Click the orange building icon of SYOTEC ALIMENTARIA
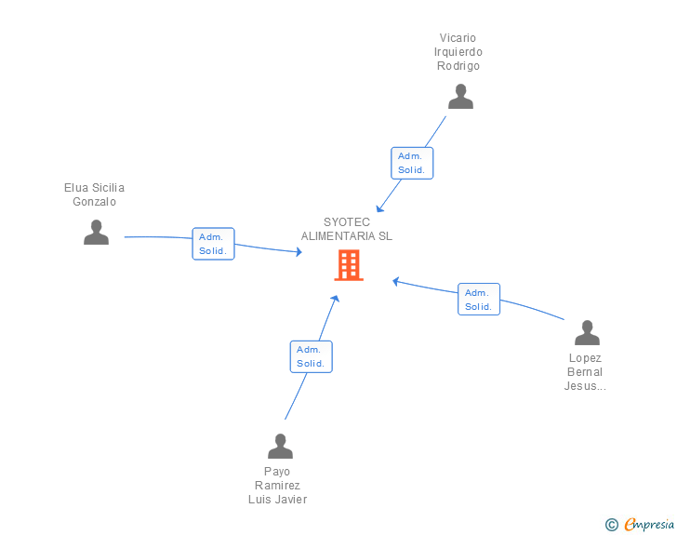349,265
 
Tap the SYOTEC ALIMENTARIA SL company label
346,229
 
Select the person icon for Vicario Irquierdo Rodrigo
460,97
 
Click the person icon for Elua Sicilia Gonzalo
96,233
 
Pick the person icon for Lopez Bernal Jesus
587,333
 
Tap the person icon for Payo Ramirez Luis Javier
280,447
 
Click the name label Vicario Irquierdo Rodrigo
460,52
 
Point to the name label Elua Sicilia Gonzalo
94,194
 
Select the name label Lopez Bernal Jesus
585,372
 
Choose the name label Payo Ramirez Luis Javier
277,486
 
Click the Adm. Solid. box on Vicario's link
411,163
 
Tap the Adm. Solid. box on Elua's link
213,244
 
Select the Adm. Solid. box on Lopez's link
479,299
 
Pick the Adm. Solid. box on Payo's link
311,356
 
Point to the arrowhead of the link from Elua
297,252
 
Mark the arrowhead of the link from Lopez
396,280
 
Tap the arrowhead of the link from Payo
335,300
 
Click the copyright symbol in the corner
611,525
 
